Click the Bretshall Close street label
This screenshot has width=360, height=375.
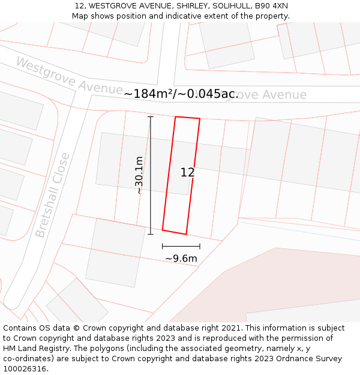tap(52, 195)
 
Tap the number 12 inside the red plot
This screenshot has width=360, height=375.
tap(187, 173)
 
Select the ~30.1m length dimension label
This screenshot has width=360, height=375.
tap(139, 175)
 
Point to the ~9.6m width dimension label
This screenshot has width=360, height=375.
tap(181, 259)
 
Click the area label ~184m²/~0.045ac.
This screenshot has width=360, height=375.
tap(181, 94)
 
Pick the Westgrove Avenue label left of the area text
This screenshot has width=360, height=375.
tap(69, 76)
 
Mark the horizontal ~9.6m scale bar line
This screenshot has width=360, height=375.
tap(181, 246)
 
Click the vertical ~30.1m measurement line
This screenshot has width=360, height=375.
tap(151, 175)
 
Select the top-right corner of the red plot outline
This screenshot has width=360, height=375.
tap(199, 119)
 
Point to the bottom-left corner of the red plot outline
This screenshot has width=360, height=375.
tap(163, 230)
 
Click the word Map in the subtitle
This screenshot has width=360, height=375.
tap(80, 16)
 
